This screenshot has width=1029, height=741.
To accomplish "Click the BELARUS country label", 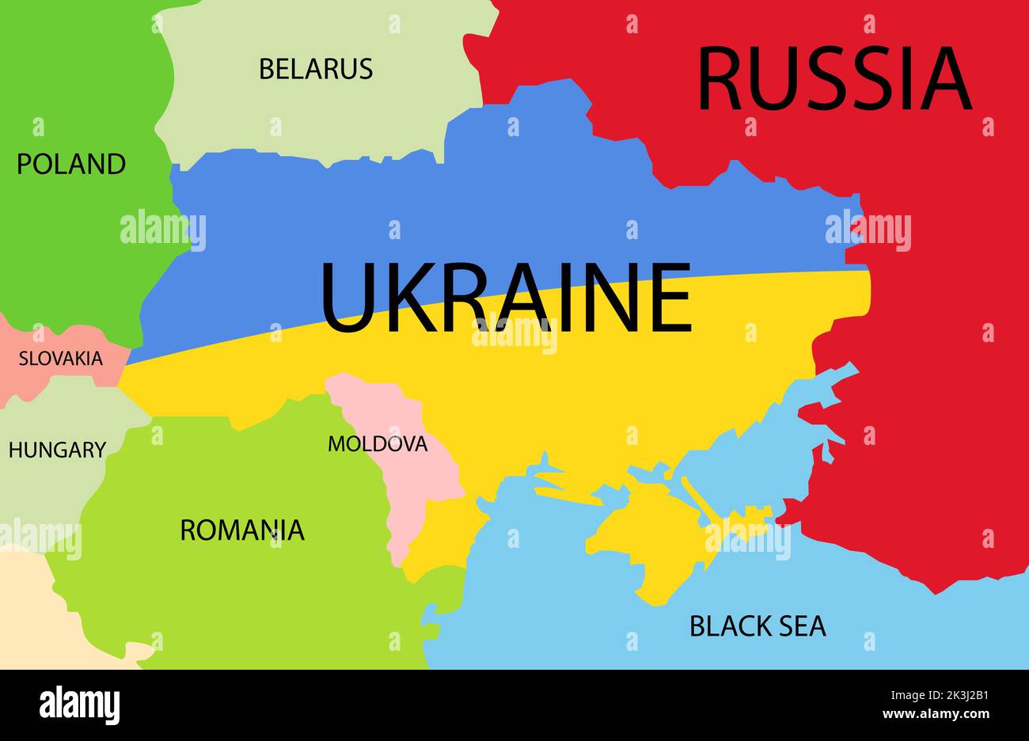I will coord(316,69).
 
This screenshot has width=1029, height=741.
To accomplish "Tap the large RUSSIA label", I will coord(833,80).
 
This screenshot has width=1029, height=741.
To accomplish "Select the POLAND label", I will coord(71,164).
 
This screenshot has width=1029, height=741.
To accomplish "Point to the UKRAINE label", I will coord(507,298).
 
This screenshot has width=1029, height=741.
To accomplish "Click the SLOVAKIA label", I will coord(61,359).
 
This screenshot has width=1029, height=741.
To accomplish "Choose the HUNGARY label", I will coord(57,450).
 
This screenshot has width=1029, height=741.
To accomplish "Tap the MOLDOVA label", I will coord(378,444).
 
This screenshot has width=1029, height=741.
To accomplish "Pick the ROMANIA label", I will coord(242,530).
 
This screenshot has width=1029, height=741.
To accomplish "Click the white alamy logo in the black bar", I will coord(80,705).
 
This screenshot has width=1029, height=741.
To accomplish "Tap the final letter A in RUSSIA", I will coord(945,80).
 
